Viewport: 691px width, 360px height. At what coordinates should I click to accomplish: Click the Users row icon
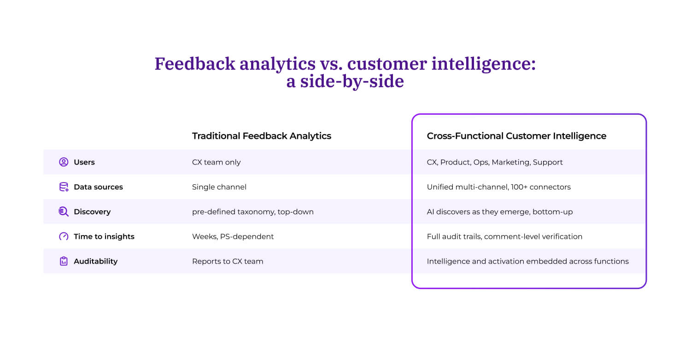click(64, 162)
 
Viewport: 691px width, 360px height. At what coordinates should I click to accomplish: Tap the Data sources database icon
click(64, 187)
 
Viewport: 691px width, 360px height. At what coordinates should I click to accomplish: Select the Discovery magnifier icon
click(64, 212)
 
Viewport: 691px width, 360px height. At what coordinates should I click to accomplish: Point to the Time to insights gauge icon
click(64, 236)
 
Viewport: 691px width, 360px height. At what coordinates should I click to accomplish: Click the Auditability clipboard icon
click(64, 261)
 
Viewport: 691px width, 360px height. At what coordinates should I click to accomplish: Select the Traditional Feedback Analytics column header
click(261, 136)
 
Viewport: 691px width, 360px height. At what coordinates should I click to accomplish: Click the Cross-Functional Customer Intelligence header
click(516, 136)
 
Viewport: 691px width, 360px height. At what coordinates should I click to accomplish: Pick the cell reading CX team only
click(216, 162)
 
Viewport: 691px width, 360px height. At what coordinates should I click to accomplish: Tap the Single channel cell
click(219, 187)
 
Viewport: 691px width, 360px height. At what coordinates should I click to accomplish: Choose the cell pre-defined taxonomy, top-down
click(252, 212)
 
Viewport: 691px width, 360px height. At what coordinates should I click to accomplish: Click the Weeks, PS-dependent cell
click(233, 236)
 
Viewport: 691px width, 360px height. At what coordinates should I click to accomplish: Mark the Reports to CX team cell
click(228, 261)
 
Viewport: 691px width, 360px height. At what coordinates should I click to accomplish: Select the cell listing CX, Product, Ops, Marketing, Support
click(495, 162)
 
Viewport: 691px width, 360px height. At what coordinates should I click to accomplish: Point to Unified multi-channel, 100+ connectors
click(498, 187)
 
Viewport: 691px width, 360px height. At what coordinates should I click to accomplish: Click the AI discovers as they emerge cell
click(499, 212)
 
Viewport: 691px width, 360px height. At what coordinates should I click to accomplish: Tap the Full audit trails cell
click(504, 236)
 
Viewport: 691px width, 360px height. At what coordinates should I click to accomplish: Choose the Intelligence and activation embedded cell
click(527, 261)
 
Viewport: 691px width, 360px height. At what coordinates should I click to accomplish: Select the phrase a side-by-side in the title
click(345, 82)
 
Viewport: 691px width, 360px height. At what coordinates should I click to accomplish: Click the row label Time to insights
click(104, 236)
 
